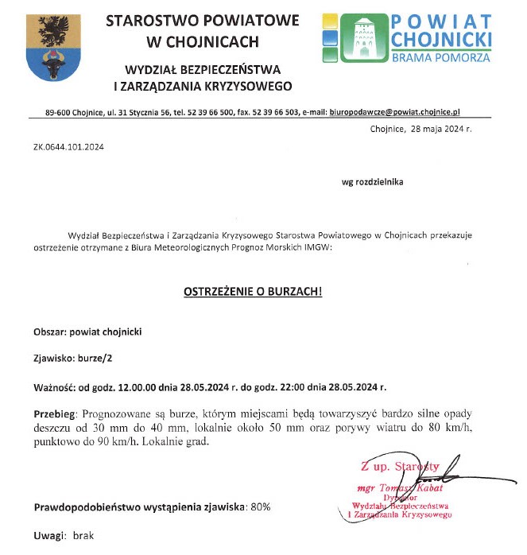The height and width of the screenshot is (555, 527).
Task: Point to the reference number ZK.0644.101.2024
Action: click(68, 147)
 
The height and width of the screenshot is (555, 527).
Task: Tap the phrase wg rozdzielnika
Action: click(372, 181)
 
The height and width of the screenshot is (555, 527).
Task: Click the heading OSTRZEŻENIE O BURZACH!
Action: click(253, 292)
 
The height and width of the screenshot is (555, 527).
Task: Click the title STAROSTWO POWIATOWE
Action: click(192, 20)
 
